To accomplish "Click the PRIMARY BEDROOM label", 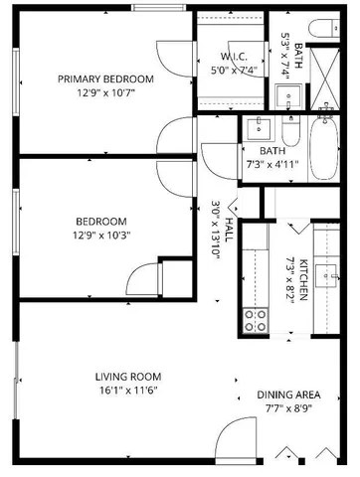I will pyautogui.click(x=104, y=79).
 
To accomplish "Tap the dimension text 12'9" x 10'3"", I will pyautogui.click(x=100, y=236).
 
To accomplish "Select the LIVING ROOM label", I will pyautogui.click(x=128, y=377).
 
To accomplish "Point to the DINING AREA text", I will pyautogui.click(x=288, y=394).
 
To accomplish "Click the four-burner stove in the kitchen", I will pyautogui.click(x=256, y=319).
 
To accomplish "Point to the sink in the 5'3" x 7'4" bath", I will pyautogui.click(x=289, y=95).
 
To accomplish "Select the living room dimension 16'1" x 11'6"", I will pyautogui.click(x=128, y=391).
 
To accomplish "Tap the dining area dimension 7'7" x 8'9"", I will pyautogui.click(x=288, y=407).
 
